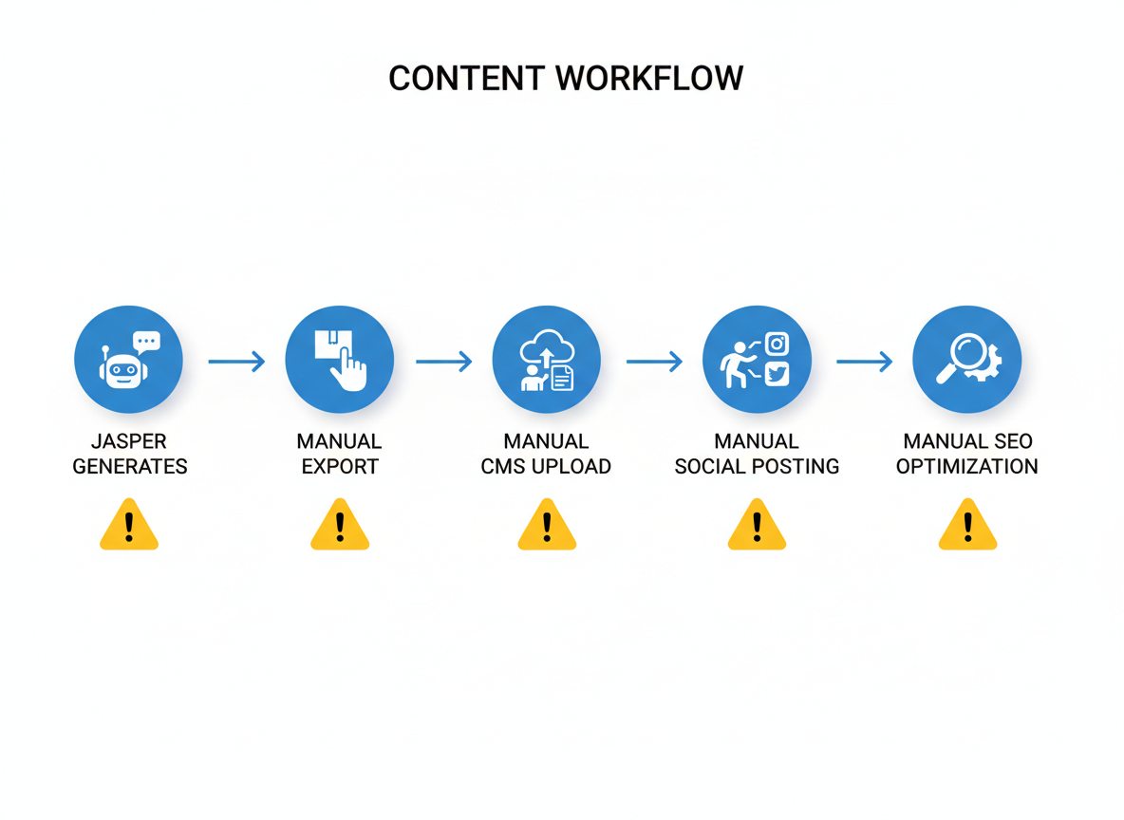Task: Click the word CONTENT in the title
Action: coord(465,78)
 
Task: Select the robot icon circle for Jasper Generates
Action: coord(129,360)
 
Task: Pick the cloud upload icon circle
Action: coord(547,360)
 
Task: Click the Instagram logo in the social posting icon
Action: coord(777,344)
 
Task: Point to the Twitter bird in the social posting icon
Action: coord(777,374)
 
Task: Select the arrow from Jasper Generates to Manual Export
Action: coord(236,361)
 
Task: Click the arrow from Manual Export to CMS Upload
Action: coord(443,361)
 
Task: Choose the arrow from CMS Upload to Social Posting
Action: coord(654,361)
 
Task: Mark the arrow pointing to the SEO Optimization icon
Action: coord(864,361)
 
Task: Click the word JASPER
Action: coord(129,441)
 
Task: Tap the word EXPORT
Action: coord(340,467)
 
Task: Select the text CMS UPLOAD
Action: coord(546,467)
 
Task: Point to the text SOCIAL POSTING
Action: coord(757,467)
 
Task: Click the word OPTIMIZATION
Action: coord(966,467)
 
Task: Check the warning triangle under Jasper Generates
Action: coord(129,527)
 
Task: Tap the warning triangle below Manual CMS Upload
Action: coord(547,527)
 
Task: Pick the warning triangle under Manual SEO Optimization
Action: coord(967,527)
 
